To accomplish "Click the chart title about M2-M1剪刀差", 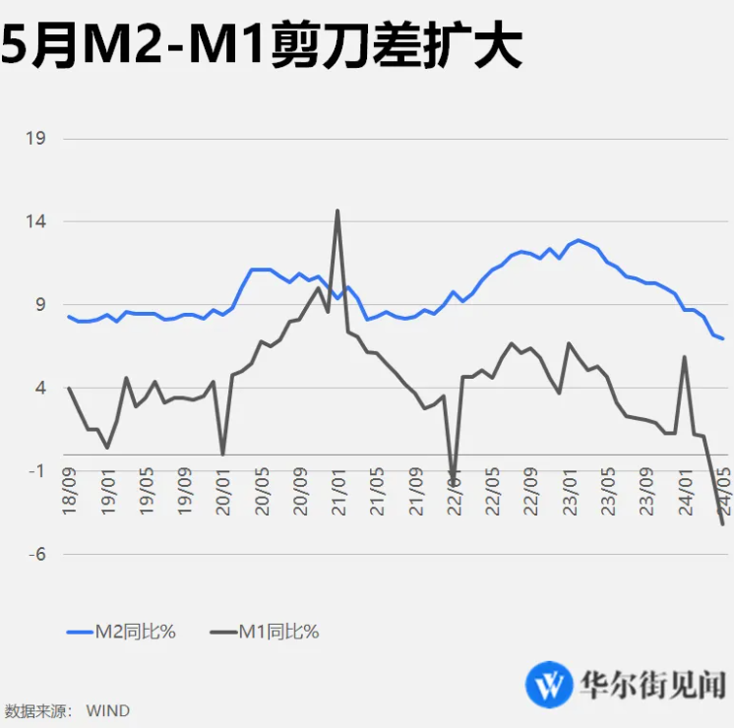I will tap(261, 46).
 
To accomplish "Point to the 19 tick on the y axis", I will tap(35, 139).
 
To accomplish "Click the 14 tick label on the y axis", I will tap(35, 222).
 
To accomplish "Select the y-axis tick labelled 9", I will tap(40, 305).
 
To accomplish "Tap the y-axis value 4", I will tap(40, 389).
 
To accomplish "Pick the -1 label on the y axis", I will tap(37, 471).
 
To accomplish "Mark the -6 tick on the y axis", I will tap(37, 555).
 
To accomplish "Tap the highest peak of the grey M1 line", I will tap(337, 211).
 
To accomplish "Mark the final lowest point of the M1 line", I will tap(723, 524).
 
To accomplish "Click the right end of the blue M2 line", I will tap(724, 339).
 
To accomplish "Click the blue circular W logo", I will tap(551, 683).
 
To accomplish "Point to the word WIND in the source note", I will tap(107, 710).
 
